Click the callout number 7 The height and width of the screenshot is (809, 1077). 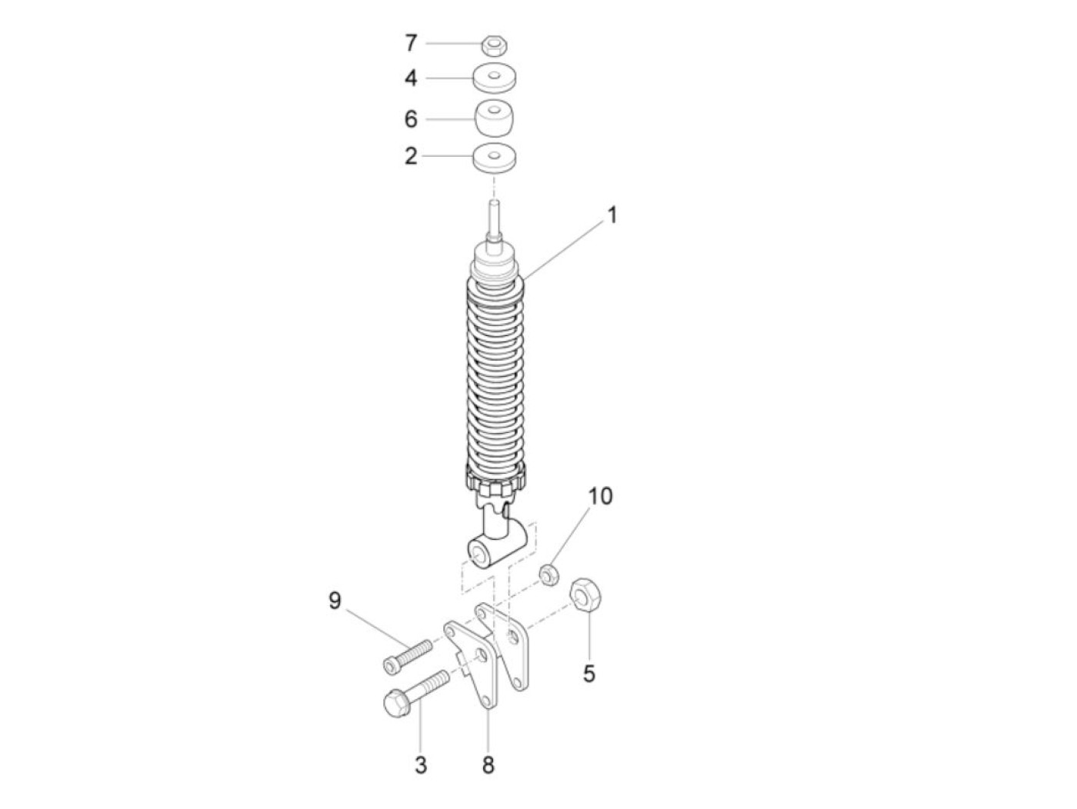[x=411, y=43]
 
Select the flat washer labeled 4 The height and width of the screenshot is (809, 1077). [x=495, y=78]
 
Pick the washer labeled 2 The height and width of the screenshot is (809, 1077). [x=495, y=158]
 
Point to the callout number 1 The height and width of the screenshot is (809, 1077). [x=612, y=215]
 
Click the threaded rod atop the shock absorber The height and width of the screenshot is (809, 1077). [x=494, y=221]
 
